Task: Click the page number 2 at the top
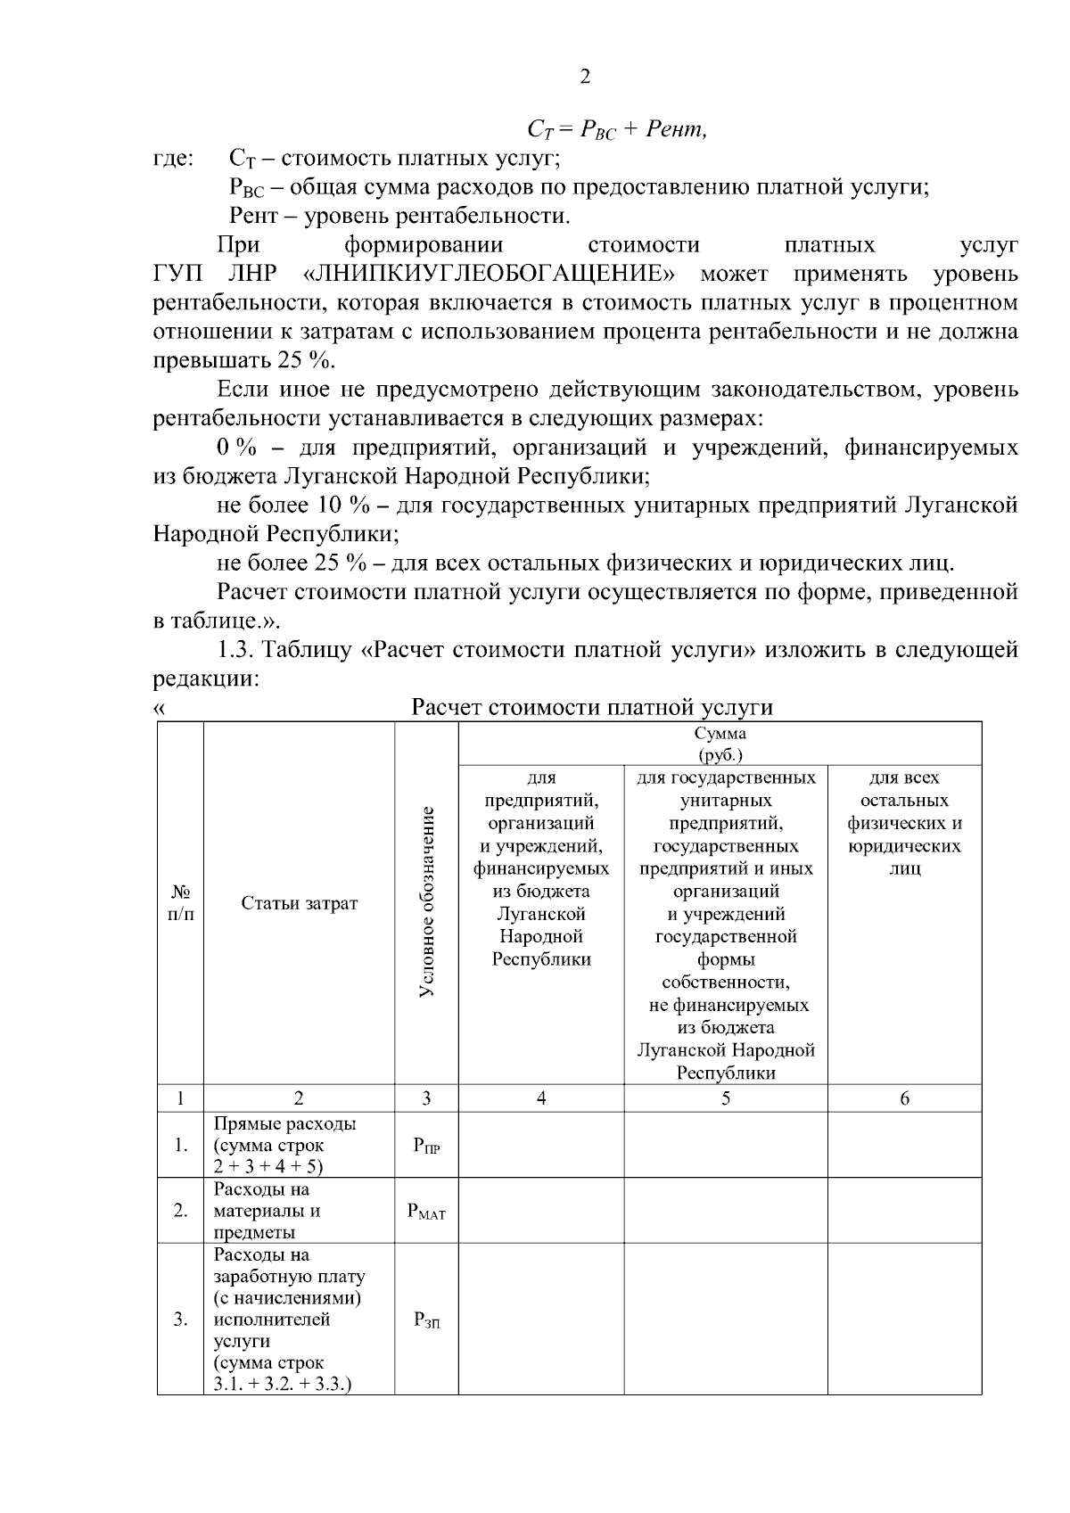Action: tap(585, 77)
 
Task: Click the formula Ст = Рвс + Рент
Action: tap(618, 130)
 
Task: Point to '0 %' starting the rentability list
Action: tap(236, 448)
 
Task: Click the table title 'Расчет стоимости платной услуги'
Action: tap(591, 708)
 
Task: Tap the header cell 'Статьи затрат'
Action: tap(299, 903)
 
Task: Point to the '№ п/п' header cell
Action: tap(180, 903)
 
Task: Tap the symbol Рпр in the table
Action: tap(426, 1147)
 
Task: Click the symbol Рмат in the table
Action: tap(426, 1212)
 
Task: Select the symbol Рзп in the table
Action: tap(426, 1320)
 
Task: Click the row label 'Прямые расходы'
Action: tap(284, 1124)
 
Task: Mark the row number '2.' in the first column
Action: tap(180, 1212)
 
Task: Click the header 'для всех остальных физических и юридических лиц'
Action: tap(904, 823)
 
